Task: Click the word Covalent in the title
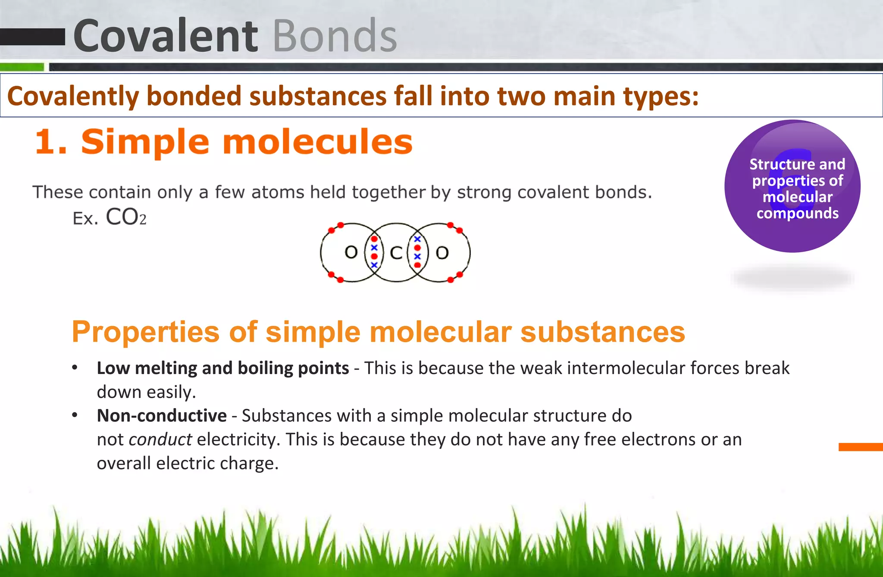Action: [166, 36]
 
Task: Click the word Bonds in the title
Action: [335, 36]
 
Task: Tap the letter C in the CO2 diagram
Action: [396, 253]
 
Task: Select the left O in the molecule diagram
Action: [351, 252]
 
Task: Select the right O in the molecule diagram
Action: [442, 253]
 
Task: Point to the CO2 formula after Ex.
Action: [126, 217]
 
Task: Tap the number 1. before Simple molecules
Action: [51, 142]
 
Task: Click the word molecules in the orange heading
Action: [318, 142]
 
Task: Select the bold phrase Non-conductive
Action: [162, 416]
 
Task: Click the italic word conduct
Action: [160, 440]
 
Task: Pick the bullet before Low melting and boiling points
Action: [75, 368]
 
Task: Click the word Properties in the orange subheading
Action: [146, 332]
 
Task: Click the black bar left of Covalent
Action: [32, 37]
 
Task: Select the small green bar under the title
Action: [22, 67]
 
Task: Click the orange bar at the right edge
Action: [860, 447]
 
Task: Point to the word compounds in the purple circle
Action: [797, 213]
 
